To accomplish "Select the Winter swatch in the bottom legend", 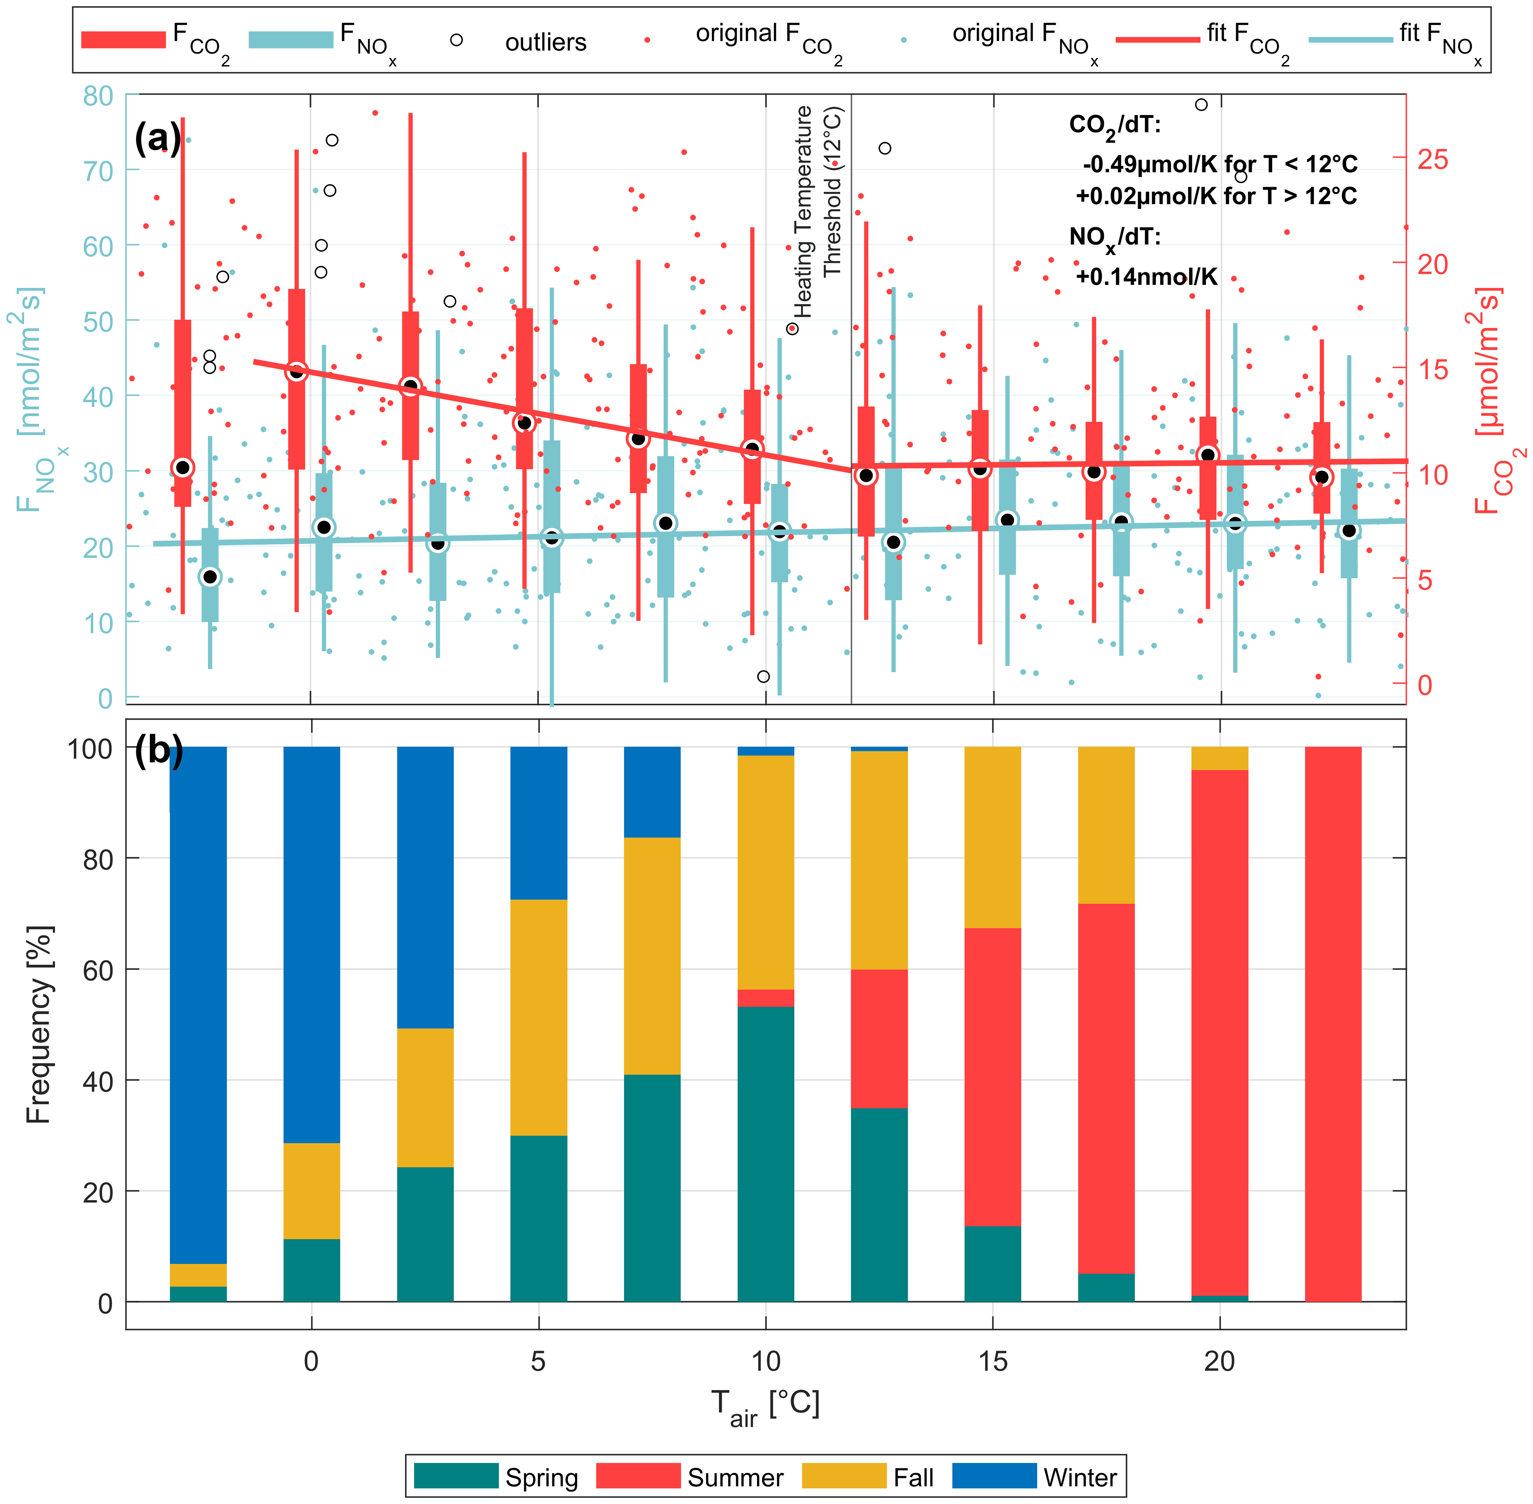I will click(994, 1476).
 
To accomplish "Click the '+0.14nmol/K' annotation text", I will click(1146, 276).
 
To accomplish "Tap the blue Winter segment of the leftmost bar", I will click(198, 1003).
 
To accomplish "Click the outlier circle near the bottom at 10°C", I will click(763, 676).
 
